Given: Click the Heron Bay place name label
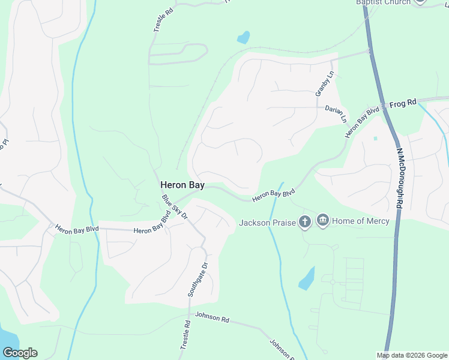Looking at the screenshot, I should point(182,186).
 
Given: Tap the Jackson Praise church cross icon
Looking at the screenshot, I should point(305,222).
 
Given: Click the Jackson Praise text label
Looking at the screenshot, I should point(267,223).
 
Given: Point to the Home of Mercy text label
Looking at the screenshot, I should point(361,221).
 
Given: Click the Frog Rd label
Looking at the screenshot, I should point(403,103).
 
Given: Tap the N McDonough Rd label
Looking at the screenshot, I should point(399,179).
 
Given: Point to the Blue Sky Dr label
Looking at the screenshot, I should point(175,208).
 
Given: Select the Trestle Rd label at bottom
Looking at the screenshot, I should point(185,336).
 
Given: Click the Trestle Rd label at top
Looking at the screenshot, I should point(160,20).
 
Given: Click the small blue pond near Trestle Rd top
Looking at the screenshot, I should point(243,38).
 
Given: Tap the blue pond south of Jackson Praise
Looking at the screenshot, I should point(306,278).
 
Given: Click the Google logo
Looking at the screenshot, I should point(20,352).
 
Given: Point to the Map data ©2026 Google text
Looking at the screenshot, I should point(412,355).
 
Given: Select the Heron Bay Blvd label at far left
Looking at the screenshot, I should point(76,229).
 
